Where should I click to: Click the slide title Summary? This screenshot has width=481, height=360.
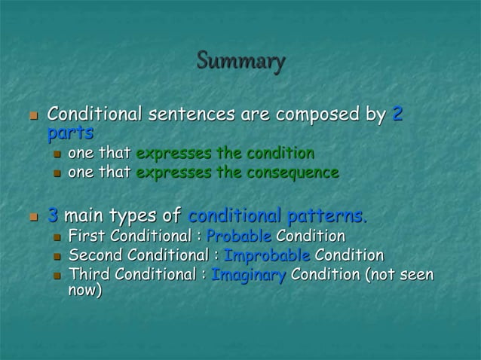240,60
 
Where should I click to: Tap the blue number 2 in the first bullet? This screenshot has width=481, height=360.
398,115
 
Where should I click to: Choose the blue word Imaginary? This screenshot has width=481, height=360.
248,274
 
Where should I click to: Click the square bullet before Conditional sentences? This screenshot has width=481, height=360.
32,117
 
